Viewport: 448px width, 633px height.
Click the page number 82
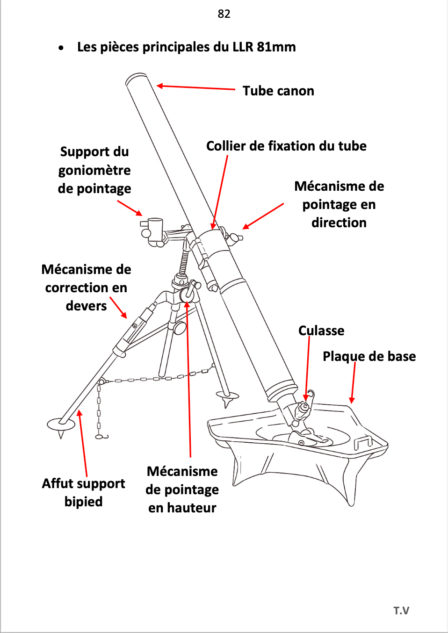point(224,14)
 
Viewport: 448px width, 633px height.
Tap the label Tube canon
point(278,91)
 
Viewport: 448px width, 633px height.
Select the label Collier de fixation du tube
point(286,146)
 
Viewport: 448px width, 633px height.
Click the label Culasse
point(321,331)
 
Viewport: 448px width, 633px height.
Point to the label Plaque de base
point(369,356)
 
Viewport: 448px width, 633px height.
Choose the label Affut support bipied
point(83,492)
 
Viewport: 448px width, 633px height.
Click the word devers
point(86,306)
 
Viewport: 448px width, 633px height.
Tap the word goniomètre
point(94,170)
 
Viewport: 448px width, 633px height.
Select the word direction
point(339,223)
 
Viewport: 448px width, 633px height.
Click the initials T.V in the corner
point(401,611)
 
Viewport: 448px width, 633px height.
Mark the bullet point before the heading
point(61,48)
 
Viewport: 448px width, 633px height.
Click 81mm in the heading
point(276,47)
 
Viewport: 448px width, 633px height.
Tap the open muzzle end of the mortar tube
point(137,78)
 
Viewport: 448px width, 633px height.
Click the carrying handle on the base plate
point(363,442)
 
